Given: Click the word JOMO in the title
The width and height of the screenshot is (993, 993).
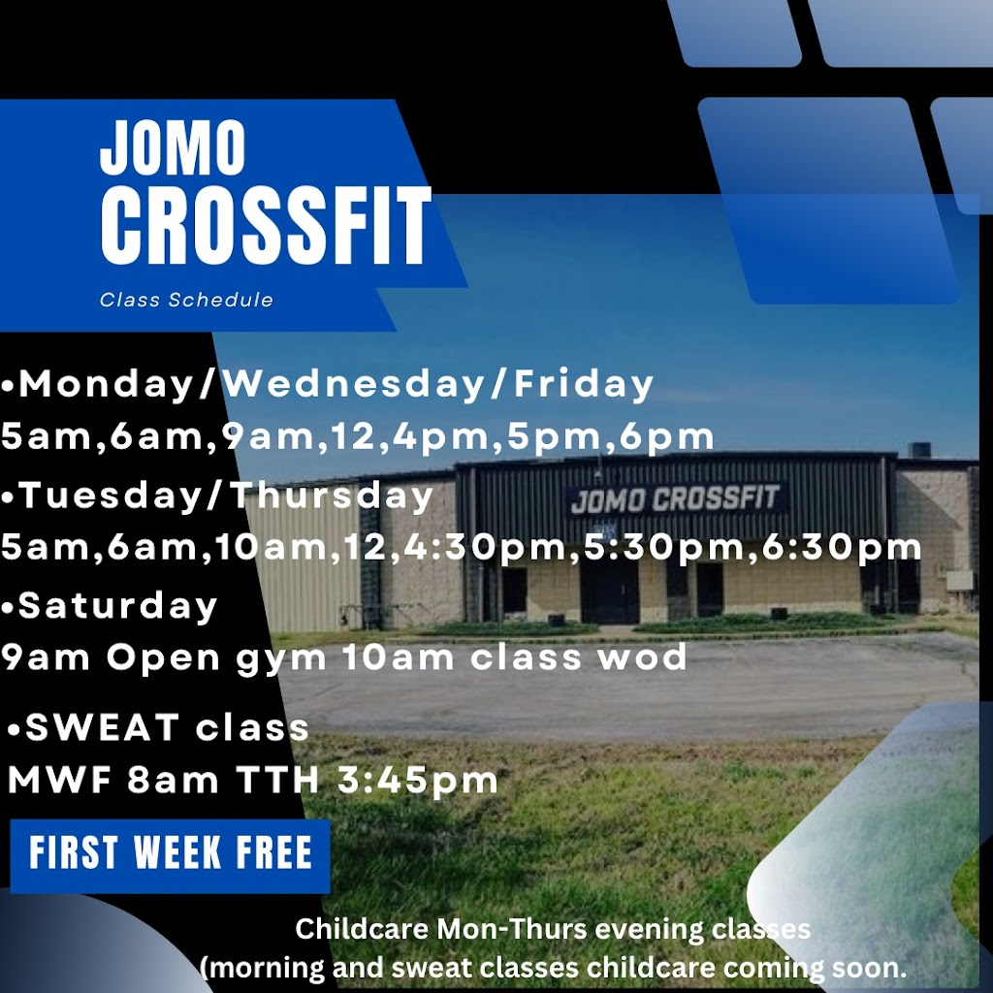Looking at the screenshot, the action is pos(173,147).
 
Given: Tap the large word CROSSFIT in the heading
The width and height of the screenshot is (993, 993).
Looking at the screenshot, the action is pos(266,226).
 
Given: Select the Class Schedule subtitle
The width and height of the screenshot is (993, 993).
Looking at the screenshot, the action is pos(186,300).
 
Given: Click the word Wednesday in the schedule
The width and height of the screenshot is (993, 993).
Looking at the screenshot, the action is pos(354,383).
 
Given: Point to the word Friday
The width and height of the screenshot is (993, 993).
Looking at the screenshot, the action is pos(583,384).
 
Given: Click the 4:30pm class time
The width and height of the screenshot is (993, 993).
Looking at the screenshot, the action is pos(486,547).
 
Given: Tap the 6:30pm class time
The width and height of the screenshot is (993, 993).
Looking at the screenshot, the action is pos(842,547).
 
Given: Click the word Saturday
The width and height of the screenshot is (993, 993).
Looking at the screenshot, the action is pos(117,605).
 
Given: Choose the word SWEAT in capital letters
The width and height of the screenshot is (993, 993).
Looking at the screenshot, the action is pos(102,727).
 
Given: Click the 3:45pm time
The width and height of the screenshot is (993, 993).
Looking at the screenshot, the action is pos(418,781).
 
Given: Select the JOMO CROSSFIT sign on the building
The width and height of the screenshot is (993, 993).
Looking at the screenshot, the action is pos(675,499).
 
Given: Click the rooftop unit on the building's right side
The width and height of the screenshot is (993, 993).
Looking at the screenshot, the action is pos(918,449).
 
